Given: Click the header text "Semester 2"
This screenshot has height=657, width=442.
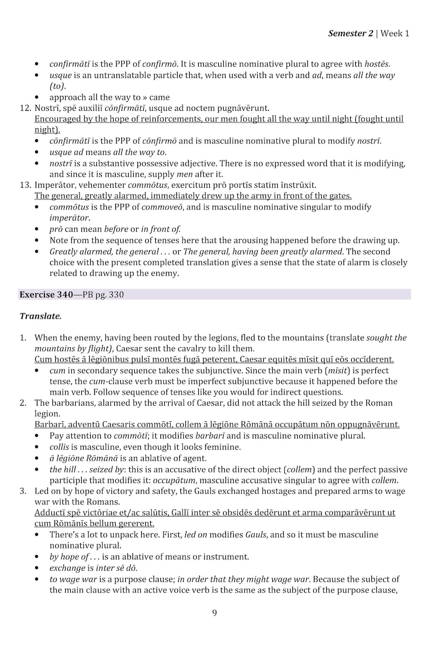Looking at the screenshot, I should (x=351, y=33).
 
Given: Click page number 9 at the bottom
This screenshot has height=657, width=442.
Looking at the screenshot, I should (x=214, y=614).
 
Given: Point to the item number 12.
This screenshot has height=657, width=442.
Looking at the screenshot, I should (x=25, y=108).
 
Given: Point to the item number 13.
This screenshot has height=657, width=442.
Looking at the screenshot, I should (x=25, y=184).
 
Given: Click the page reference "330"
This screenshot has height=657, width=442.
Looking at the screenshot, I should (x=116, y=295).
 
